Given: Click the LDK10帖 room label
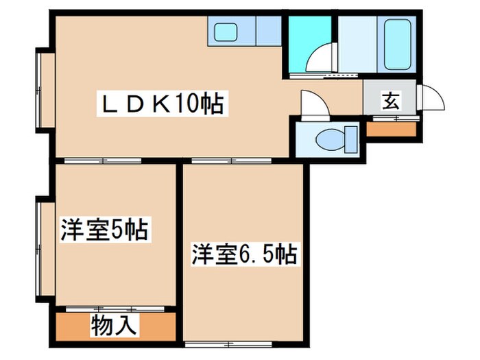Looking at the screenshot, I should click(163, 104).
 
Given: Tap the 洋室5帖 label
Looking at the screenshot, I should click(104, 230).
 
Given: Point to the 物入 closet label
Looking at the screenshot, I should click(114, 324).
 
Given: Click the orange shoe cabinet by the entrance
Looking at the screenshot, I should click(392, 128).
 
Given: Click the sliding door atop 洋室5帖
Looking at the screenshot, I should click(103, 161).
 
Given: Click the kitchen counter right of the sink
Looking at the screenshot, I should click(267, 31).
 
